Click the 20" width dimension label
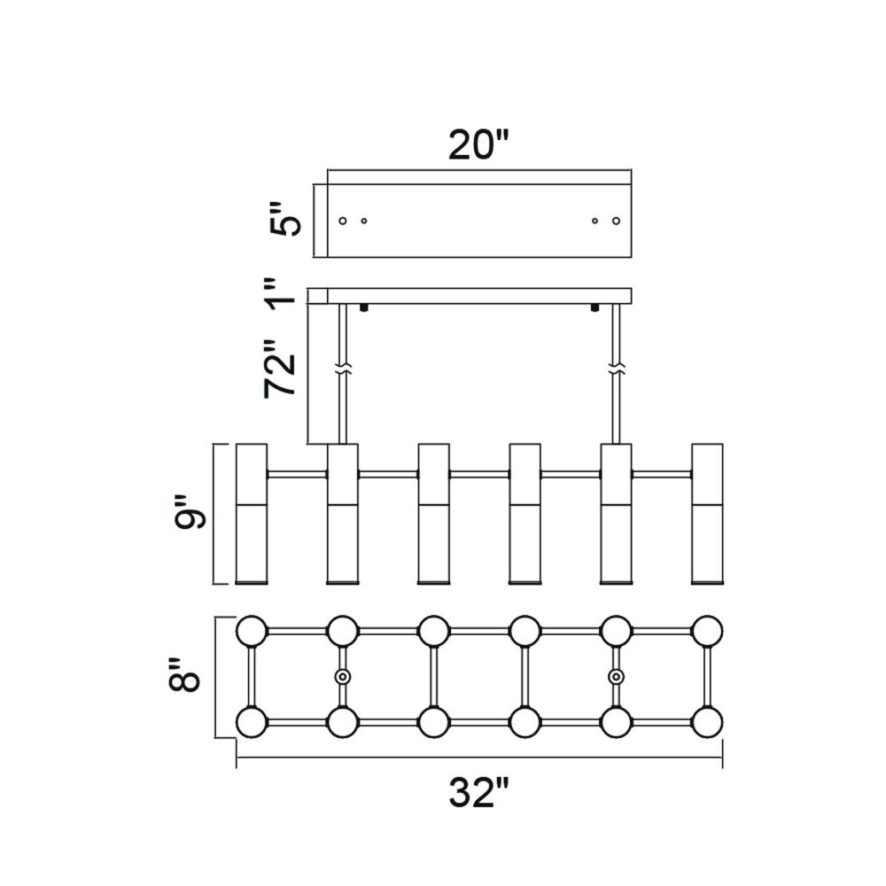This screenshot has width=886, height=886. click(x=479, y=146)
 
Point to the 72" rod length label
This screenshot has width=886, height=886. click(x=280, y=369)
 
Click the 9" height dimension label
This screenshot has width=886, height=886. click(x=190, y=513)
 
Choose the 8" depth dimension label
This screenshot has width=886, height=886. click(x=184, y=674)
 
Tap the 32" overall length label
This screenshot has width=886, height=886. click(x=479, y=793)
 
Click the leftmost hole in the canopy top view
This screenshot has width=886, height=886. click(x=342, y=221)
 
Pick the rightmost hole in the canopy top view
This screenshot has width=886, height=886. click(x=616, y=221)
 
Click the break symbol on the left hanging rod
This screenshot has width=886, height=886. click(x=342, y=369)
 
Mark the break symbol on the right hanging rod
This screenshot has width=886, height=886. click(x=616, y=369)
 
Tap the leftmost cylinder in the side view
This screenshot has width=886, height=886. click(x=252, y=514)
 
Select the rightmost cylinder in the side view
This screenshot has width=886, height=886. click(x=707, y=514)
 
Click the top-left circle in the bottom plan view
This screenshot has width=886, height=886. click(x=252, y=631)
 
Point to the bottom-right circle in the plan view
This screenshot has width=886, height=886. click(x=707, y=722)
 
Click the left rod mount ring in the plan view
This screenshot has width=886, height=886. click(x=342, y=676)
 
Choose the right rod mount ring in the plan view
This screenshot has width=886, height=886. click(x=616, y=676)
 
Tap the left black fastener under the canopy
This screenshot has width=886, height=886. click(x=364, y=308)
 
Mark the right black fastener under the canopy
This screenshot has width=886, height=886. click(x=595, y=308)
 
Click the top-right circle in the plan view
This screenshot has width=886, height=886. click(x=707, y=631)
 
